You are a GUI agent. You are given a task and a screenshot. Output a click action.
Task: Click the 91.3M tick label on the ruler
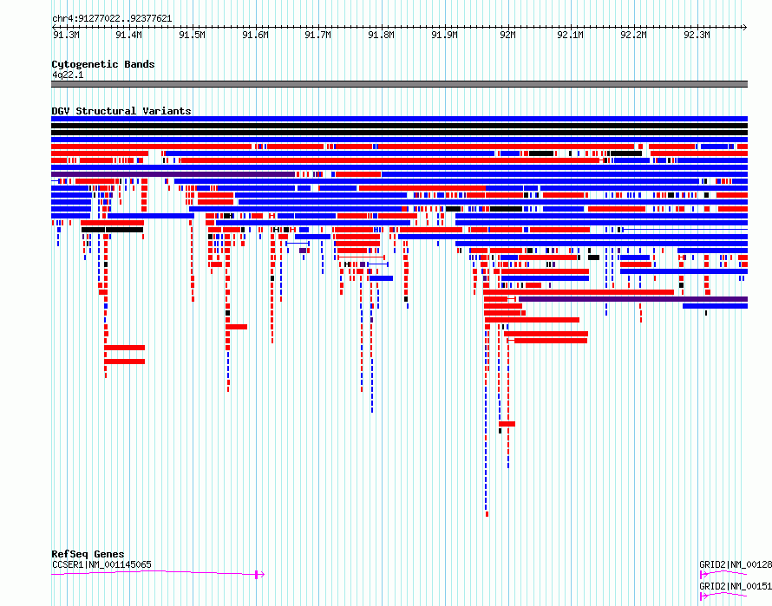pyautogui.click(x=66, y=35)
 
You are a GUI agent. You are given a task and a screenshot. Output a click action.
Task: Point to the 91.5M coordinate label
pyautogui.click(x=192, y=35)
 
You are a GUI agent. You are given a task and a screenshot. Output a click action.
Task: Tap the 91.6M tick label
pyautogui.click(x=256, y=35)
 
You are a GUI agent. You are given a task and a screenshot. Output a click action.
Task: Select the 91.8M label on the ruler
pyautogui.click(x=382, y=35)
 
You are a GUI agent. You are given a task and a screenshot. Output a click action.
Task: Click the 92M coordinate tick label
pyautogui.click(x=507, y=35)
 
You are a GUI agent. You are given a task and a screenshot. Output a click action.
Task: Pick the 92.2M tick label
pyautogui.click(x=634, y=35)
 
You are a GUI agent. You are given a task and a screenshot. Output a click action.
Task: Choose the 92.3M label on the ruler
pyautogui.click(x=697, y=35)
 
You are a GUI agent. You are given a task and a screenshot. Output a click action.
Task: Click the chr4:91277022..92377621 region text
pyautogui.click(x=112, y=19)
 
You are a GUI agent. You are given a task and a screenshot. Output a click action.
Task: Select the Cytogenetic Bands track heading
pyautogui.click(x=103, y=64)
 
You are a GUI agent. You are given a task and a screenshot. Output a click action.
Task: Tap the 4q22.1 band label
pyautogui.click(x=68, y=75)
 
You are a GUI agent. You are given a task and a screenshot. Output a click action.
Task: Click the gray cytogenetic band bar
pyautogui.click(x=399, y=84)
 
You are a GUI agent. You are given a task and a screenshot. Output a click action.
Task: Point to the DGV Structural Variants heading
pyautogui.click(x=121, y=111)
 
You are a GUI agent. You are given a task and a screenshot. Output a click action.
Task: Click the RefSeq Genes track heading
pyautogui.click(x=88, y=554)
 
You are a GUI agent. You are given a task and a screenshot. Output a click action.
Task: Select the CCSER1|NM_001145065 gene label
pyautogui.click(x=101, y=564)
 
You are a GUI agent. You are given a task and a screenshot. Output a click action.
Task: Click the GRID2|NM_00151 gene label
pyautogui.click(x=736, y=586)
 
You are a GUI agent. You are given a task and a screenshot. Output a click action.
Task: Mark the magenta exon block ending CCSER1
pyautogui.click(x=257, y=575)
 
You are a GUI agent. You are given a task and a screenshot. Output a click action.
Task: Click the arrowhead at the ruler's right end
pyautogui.click(x=745, y=27)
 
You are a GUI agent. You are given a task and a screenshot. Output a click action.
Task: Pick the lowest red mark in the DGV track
pyautogui.click(x=487, y=514)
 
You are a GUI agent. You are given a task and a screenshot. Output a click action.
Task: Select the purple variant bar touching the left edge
pyautogui.click(x=173, y=174)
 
